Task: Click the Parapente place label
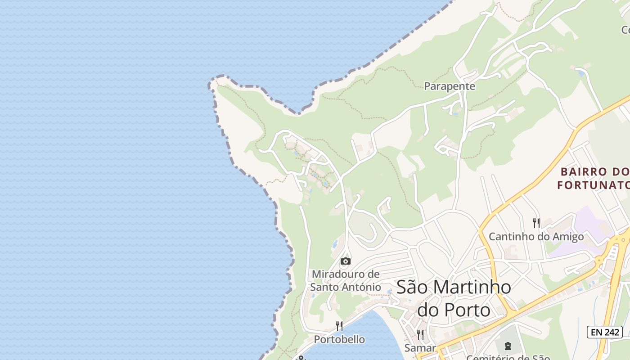(450, 86)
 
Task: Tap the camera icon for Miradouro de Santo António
(346, 261)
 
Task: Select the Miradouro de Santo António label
(346, 280)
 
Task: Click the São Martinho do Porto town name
(454, 298)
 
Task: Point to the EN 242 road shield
(604, 333)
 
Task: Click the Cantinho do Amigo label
(536, 236)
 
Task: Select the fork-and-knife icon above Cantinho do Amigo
(536, 223)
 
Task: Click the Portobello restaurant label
(339, 339)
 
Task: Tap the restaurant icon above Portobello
(339, 326)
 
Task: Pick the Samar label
(420, 348)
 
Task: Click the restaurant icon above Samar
(420, 334)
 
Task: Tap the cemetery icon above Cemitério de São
(508, 346)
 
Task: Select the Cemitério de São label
(508, 357)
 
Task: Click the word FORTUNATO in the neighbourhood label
(593, 185)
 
